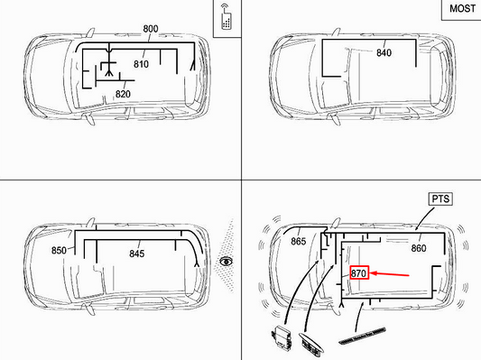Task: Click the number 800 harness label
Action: click(x=151, y=29)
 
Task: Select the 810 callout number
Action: click(x=141, y=64)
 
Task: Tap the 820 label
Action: click(x=123, y=94)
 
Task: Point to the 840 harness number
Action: click(x=384, y=52)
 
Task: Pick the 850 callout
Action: click(x=59, y=250)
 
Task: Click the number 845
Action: click(x=136, y=254)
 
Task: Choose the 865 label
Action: click(x=299, y=241)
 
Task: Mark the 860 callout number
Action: click(x=418, y=247)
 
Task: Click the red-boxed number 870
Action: click(x=359, y=272)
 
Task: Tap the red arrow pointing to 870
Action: click(x=392, y=272)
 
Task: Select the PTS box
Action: click(x=440, y=198)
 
